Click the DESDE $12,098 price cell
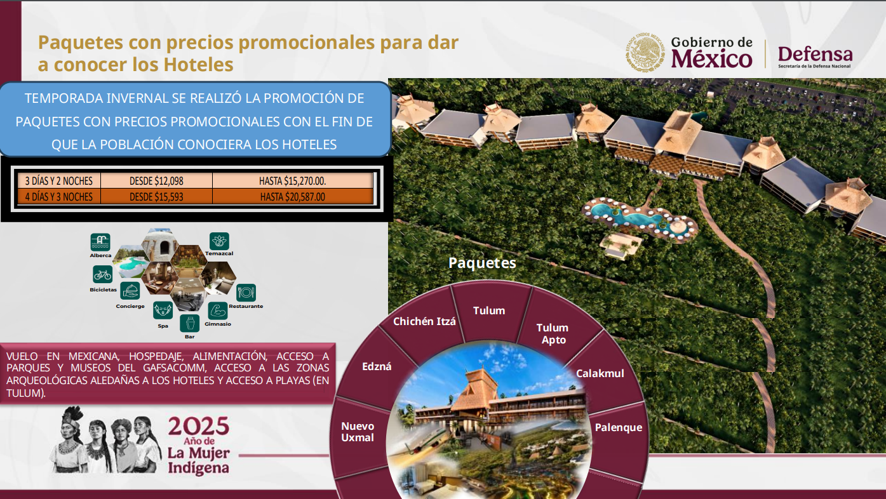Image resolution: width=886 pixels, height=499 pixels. coord(156,181)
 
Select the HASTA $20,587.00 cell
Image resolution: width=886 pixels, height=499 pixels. coord(293,197)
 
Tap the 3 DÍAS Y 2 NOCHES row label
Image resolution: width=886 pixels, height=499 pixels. coord(59,181)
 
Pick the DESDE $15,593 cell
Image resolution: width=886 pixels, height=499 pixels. coord(156,197)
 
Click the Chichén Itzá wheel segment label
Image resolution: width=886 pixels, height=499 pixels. coord(424,321)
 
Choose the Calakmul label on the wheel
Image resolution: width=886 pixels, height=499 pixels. coord(600,373)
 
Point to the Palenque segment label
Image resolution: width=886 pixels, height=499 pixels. coord(618,427)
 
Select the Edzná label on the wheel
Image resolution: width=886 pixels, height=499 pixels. coord(377,366)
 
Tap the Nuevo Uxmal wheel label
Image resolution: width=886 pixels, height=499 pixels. coord(358,432)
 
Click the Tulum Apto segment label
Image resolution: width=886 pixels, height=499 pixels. coord(553,334)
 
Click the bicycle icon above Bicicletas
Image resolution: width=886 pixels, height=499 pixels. coord(102,274)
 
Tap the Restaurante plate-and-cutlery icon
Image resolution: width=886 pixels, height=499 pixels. coord(246,293)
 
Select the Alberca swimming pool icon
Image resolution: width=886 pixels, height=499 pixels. coord(100,242)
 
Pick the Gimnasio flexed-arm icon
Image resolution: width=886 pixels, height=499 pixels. coord(218,311)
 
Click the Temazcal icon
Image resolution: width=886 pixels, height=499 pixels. coord(219,241)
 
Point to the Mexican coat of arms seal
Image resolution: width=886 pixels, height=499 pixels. coord(645,53)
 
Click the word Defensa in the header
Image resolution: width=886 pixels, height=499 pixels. coord(816,54)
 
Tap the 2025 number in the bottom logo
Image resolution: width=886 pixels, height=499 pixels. coord(199,426)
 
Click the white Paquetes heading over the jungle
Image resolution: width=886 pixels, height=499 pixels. coord(482,263)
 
